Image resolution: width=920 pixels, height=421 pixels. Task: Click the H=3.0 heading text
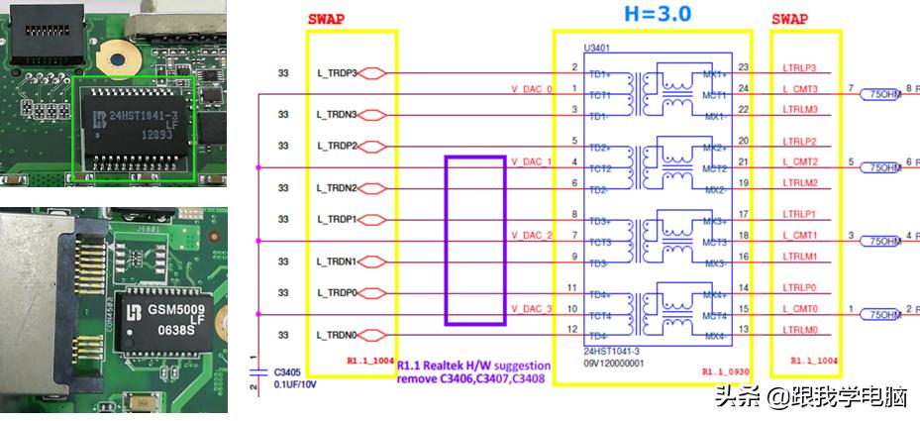[657, 14]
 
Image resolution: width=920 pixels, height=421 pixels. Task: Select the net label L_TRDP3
[337, 72]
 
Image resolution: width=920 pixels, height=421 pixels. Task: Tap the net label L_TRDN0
[337, 334]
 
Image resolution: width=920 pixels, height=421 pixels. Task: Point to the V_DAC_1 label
[531, 161]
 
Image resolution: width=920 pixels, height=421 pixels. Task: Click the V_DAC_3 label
[531, 308]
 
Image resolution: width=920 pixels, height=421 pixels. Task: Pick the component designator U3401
[597, 47]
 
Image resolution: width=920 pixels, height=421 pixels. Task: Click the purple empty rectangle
[475, 239]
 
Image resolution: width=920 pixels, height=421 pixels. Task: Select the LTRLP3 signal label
[799, 68]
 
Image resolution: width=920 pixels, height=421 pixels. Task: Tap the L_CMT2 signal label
[799, 161]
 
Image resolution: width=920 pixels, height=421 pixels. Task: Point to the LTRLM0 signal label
[799, 330]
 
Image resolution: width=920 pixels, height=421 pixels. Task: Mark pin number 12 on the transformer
[573, 329]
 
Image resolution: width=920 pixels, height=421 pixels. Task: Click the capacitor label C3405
[286, 372]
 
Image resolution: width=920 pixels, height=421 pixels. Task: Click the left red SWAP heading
[327, 19]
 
